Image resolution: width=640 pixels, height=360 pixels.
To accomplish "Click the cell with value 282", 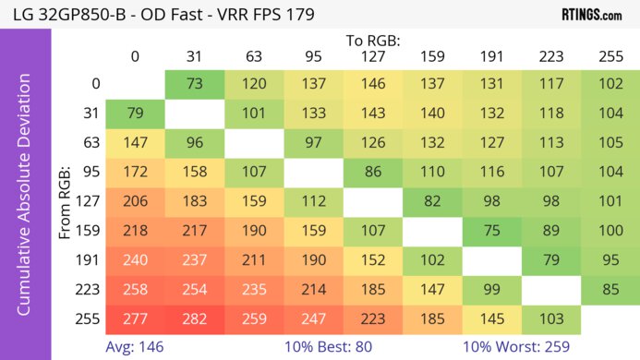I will pyautogui.click(x=195, y=319).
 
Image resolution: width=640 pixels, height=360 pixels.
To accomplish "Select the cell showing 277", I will pyautogui.click(x=135, y=319).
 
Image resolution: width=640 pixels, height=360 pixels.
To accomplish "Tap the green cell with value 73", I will pyautogui.click(x=195, y=83).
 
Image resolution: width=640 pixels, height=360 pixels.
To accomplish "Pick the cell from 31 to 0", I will pyautogui.click(x=135, y=113).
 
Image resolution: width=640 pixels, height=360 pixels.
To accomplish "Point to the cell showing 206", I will pyautogui.click(x=135, y=201).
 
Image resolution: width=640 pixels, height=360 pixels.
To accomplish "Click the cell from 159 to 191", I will pyautogui.click(x=490, y=231).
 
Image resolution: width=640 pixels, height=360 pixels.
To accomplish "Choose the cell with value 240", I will pyautogui.click(x=135, y=260).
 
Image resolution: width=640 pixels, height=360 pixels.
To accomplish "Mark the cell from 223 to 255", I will pyautogui.click(x=610, y=290).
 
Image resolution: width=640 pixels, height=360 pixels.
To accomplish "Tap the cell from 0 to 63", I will pyautogui.click(x=254, y=83).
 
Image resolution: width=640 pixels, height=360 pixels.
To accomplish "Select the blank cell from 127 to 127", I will pyautogui.click(x=372, y=201).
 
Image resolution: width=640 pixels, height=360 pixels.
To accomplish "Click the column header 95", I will pyautogui.click(x=313, y=56).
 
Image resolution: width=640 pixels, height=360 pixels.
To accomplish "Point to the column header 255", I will pyautogui.click(x=610, y=56).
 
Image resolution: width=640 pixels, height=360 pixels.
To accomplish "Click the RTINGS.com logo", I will pyautogui.click(x=591, y=15).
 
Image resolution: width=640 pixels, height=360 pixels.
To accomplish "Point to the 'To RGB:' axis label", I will pyautogui.click(x=372, y=41).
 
